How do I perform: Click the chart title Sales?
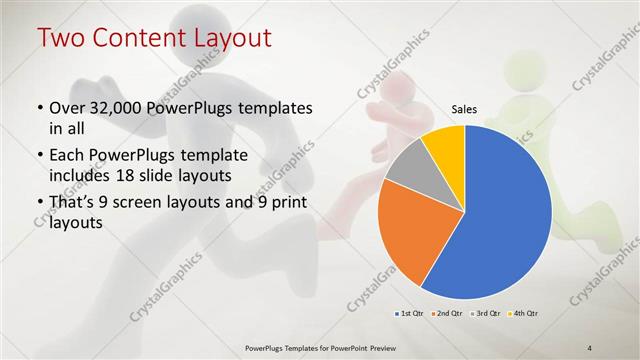click(x=464, y=109)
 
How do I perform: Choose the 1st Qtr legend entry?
click(x=410, y=314)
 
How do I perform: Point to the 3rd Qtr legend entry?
click(x=486, y=314)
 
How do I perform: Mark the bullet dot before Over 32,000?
click(x=38, y=108)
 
